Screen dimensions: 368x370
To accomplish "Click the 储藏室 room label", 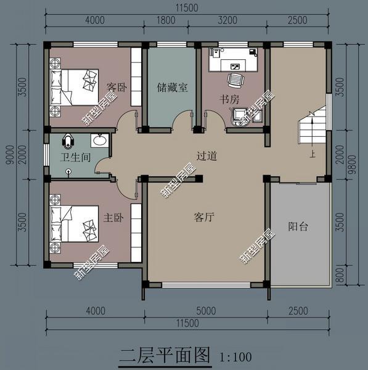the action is point(172,88).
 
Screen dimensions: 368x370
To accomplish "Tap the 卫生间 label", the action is point(75,157).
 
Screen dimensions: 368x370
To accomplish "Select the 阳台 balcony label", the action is point(298,227).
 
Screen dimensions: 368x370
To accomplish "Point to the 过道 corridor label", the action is point(207,156).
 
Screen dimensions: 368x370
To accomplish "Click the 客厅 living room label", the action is point(204,217).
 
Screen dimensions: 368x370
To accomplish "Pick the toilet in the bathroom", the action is point(68,141).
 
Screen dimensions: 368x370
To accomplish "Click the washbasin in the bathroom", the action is point(100,141).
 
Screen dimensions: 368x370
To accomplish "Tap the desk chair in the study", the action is point(235,80).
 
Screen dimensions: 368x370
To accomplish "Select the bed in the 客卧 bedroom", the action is point(74,88).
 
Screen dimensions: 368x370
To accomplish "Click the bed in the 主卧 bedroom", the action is point(74,224).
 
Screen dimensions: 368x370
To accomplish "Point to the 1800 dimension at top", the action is point(166,20).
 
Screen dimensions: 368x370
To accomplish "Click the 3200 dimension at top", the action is point(227,20).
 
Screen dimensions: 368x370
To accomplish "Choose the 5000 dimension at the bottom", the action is point(206,311).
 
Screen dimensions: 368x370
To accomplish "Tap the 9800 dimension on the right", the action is point(353,165).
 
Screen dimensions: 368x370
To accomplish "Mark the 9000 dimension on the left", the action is point(10,155).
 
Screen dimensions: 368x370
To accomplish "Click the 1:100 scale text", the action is point(235,357).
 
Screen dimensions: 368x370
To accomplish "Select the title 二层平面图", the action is point(165,355).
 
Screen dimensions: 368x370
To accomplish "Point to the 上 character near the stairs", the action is point(313,154).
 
